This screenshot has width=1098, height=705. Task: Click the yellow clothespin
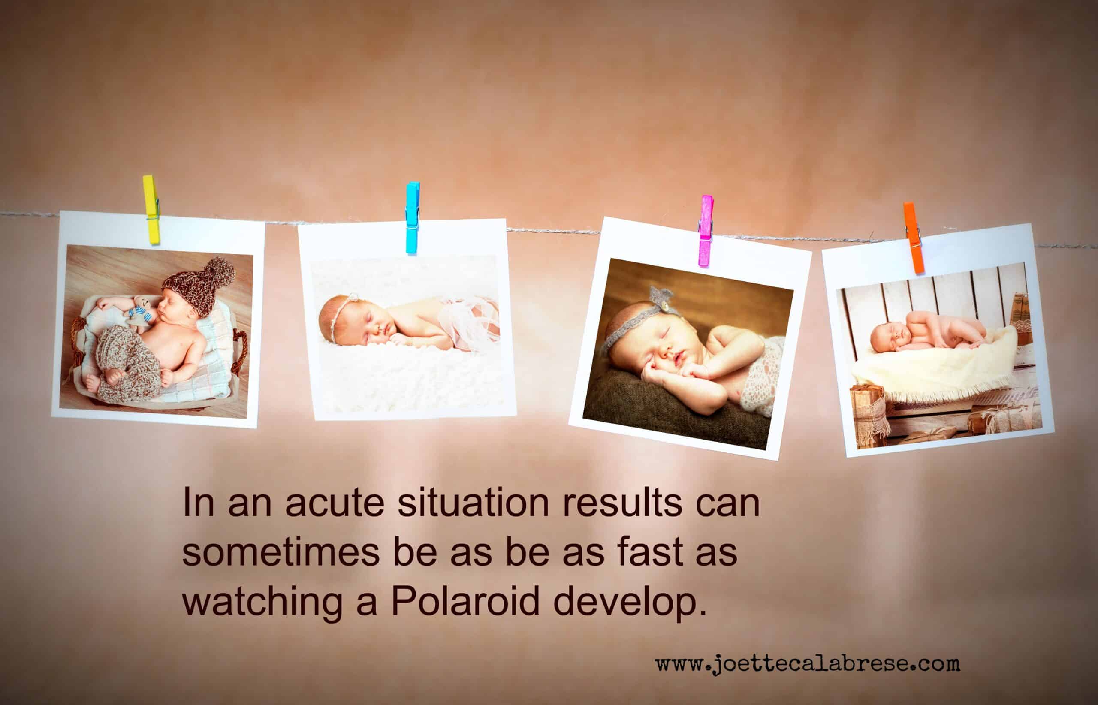tap(151, 209)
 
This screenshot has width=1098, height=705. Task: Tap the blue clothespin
tap(412, 217)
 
